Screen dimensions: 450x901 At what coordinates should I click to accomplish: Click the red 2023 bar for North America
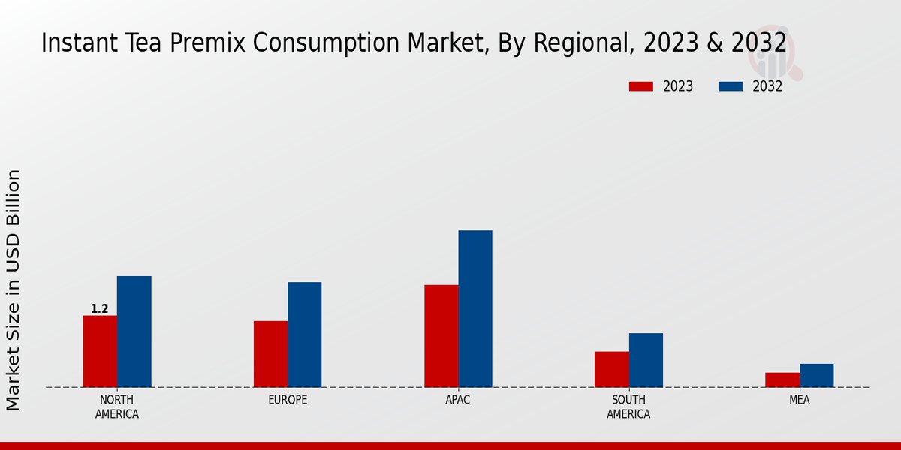pos(100,351)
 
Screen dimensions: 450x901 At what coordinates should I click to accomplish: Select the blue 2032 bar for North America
pos(134,331)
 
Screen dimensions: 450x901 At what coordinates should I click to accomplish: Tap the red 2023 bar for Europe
pos(270,354)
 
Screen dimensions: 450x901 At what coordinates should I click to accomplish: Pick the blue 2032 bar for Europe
pos(304,334)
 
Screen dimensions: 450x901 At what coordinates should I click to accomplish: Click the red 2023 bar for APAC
pos(441,336)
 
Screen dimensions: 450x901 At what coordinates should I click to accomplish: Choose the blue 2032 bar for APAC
pos(475,309)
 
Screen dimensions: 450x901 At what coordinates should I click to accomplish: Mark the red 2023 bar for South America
pos(611,369)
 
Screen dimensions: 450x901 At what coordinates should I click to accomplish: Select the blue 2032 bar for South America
pos(646,360)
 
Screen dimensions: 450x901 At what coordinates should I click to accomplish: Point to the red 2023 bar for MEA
pos(782,379)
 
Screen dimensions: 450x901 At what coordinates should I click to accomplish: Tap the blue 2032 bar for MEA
pos(816,375)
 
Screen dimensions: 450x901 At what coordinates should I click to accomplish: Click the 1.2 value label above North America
pos(100,309)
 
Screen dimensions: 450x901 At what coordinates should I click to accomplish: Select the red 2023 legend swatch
pos(640,86)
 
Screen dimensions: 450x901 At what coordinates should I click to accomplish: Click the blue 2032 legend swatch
pos(730,86)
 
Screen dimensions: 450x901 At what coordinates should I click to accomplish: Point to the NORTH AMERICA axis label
pos(117,406)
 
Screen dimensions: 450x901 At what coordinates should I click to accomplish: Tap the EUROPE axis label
pos(288,400)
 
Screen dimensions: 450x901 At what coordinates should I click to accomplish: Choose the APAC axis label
pos(458,400)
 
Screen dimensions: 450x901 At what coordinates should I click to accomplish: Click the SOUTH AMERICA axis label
pos(628,406)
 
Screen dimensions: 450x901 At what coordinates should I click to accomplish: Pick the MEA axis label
pos(799,400)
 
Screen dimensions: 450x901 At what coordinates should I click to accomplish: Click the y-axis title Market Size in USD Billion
pos(14,289)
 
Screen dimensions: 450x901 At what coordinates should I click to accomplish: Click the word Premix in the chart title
pos(208,43)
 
